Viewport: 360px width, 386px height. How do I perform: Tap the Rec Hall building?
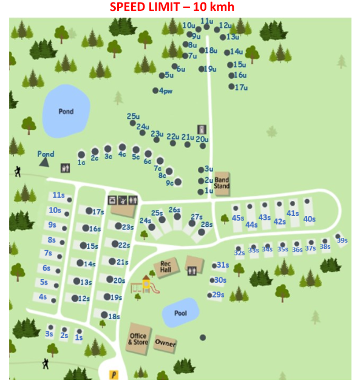tap(166, 267)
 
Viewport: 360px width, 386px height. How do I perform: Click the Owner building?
tap(165, 344)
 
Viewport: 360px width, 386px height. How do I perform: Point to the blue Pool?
tap(180, 313)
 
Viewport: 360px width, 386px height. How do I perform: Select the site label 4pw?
tap(166, 91)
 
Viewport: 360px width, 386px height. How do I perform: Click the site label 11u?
tap(206, 21)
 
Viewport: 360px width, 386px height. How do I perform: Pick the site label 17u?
tap(242, 87)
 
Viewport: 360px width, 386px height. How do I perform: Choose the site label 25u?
tap(134, 116)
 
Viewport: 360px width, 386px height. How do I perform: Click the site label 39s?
tap(342, 241)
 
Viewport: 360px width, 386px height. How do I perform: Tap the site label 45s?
tap(238, 218)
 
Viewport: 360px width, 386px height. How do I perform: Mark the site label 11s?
tap(58, 195)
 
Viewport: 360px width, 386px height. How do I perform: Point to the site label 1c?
tap(81, 163)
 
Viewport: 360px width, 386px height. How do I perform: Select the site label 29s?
tap(219, 295)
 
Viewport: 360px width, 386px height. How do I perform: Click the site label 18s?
tap(114, 316)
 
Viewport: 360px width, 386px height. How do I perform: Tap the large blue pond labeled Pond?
tap(66, 112)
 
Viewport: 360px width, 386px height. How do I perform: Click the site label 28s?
tap(207, 225)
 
